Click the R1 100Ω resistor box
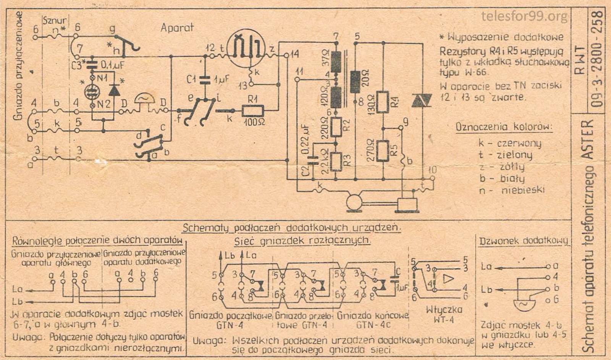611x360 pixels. pyautogui.click(x=252, y=111)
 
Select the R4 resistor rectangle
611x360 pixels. pyautogui.click(x=383, y=102)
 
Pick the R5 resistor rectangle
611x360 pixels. pyautogui.click(x=383, y=151)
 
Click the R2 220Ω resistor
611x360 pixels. pyautogui.click(x=336, y=127)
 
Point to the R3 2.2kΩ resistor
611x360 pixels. pyautogui.click(x=336, y=161)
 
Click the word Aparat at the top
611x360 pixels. pyautogui.click(x=177, y=28)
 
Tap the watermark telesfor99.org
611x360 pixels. pyautogui.click(x=524, y=16)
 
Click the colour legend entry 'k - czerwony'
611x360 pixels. pyautogui.click(x=509, y=143)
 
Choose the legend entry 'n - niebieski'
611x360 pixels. pyautogui.click(x=512, y=190)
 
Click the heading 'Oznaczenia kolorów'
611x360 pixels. pyautogui.click(x=504, y=127)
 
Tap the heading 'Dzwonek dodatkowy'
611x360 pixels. pyautogui.click(x=524, y=241)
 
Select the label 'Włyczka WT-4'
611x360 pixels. pyautogui.click(x=444, y=314)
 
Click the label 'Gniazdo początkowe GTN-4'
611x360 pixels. pyautogui.click(x=230, y=320)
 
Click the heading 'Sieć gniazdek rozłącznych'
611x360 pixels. pyautogui.click(x=302, y=241)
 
